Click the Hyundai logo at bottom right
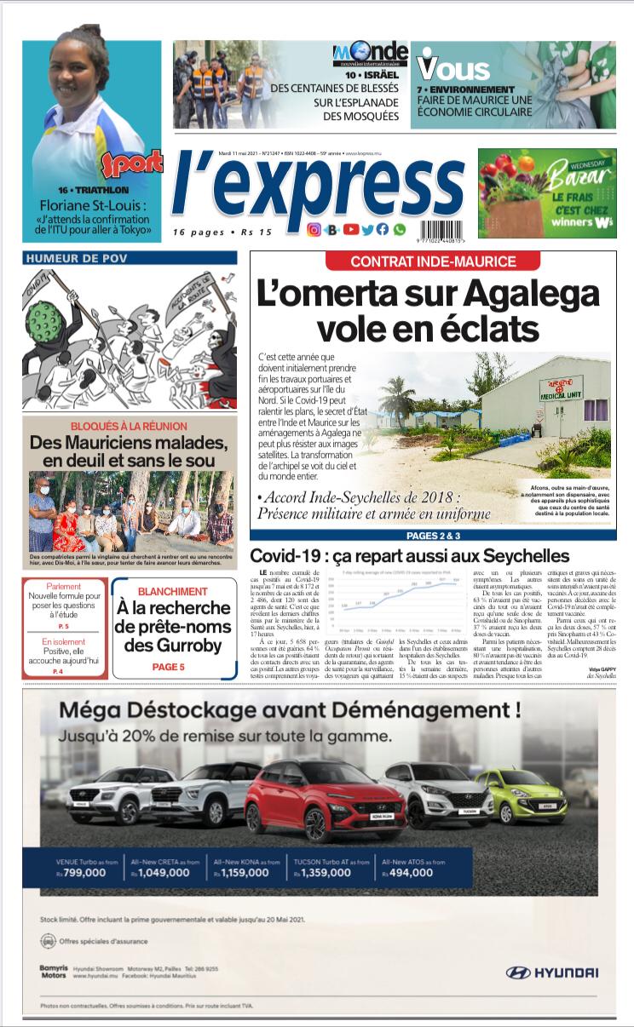[552, 972]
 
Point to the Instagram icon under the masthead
[314, 229]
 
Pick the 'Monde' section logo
[371, 54]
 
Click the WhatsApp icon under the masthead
[399, 229]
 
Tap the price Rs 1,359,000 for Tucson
[332, 873]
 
